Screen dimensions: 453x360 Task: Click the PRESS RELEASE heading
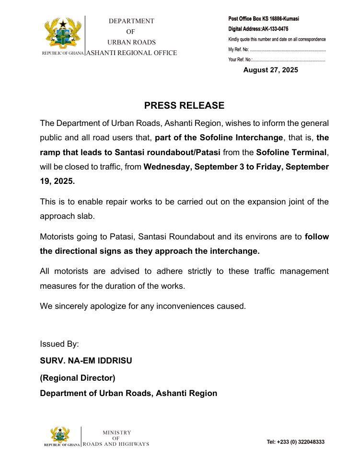tap(184, 105)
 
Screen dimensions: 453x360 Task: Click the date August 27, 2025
tap(270, 70)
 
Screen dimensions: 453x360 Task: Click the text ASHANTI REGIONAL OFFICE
tap(131, 53)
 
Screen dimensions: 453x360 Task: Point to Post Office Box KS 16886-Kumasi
tap(264, 19)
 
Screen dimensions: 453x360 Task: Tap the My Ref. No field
tap(277, 49)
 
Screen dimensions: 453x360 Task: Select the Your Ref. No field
tap(277, 60)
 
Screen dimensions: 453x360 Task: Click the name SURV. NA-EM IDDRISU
tap(86, 361)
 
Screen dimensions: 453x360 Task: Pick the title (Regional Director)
tap(78, 378)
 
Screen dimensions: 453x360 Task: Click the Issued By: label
tap(59, 344)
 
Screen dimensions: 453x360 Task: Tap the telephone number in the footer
tap(295, 442)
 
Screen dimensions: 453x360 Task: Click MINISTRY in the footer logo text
tap(116, 432)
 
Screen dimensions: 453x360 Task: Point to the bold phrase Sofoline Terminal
tap(291, 153)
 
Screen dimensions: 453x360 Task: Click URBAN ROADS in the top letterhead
tap(131, 42)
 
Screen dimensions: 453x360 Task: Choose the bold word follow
tap(317, 237)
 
